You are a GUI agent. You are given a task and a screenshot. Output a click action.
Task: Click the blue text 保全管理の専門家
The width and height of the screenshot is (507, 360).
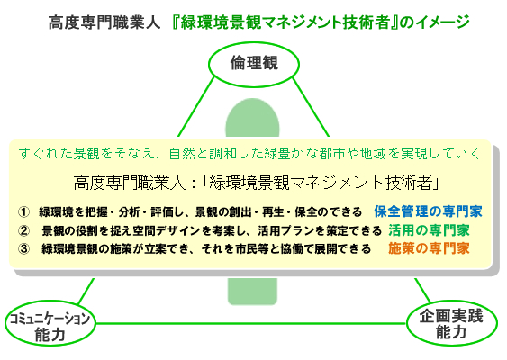point(428,211)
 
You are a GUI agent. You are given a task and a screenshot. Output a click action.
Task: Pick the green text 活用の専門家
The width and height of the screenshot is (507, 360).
point(429,230)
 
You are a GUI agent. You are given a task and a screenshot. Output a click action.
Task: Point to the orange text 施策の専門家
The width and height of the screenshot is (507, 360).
point(429,248)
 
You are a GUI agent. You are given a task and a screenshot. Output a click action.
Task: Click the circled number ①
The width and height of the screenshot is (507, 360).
point(23,212)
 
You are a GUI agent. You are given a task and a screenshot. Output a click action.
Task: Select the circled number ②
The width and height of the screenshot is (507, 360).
point(23,230)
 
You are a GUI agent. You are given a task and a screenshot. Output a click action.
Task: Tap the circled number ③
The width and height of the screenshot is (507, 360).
point(23,249)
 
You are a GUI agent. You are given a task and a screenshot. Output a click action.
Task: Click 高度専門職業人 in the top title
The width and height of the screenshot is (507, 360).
point(104,22)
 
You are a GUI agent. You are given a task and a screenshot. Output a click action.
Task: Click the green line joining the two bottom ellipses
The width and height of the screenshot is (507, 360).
point(251,323)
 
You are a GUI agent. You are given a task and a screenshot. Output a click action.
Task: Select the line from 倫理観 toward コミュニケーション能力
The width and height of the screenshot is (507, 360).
point(195,106)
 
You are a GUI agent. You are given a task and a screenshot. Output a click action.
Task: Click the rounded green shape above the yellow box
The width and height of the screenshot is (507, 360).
point(252,118)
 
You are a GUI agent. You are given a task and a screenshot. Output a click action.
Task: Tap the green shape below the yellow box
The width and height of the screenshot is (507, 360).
point(252,292)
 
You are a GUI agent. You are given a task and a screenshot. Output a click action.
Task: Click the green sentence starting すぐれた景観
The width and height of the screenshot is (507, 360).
point(249,154)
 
